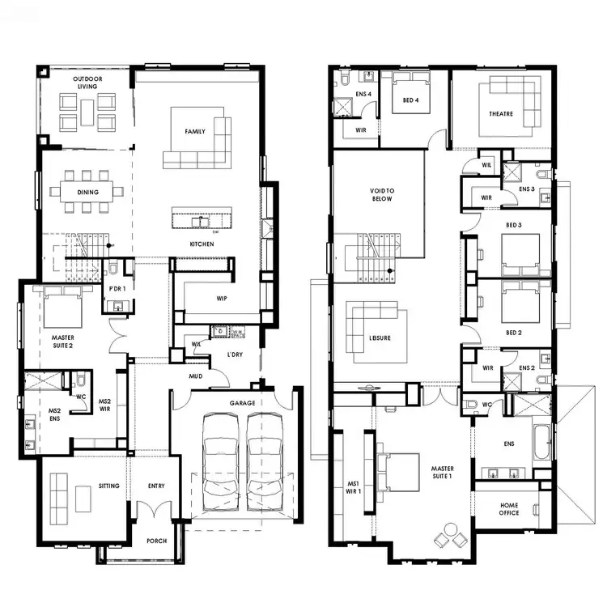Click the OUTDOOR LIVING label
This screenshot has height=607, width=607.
[87, 83]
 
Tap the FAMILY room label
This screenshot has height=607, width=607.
[195, 131]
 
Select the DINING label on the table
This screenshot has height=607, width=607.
[88, 193]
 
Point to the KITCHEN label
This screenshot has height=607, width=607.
[201, 244]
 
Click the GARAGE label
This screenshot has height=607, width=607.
[241, 402]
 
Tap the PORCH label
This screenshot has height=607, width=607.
[156, 541]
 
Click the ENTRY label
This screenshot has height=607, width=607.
[156, 486]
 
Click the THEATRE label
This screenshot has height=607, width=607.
[500, 114]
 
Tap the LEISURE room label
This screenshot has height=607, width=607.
[379, 338]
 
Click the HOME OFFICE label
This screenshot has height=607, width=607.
[509, 509]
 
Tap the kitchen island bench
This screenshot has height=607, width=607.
[202, 219]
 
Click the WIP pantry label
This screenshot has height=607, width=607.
[221, 299]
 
